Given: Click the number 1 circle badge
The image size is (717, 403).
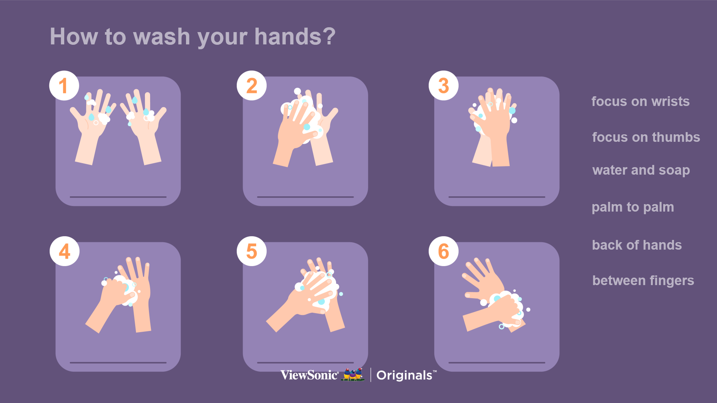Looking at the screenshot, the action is point(64,85).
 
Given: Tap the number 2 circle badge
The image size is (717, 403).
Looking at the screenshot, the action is point(252,85).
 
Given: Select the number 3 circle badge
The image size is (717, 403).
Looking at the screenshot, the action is point(444,85).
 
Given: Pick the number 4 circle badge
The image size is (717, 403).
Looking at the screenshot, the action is point(65,251).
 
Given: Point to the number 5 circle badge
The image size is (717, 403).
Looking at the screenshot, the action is point(252,251).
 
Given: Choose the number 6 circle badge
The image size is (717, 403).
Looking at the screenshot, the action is point(444,251).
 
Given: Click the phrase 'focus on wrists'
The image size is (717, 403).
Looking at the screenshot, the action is point(640,101).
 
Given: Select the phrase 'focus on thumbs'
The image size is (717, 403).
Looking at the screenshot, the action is point(646,137).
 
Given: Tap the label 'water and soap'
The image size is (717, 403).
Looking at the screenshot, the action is point(641,171).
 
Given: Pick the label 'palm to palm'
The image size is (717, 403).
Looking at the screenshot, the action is point(633,207).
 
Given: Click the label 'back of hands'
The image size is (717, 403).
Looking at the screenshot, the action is point(637,245).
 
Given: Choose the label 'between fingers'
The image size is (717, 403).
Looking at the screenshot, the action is point(643,281).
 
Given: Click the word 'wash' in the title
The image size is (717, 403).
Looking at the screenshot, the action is point(162,37).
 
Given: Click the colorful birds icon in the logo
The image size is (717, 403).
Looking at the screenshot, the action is point(353,374).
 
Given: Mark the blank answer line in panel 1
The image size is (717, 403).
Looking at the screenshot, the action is point(118,197).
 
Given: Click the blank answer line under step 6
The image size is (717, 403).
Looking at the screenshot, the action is point(497,362).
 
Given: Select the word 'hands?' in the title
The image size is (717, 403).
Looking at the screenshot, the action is point(295,37).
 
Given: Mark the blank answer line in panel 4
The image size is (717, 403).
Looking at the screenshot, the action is point(118,362).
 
